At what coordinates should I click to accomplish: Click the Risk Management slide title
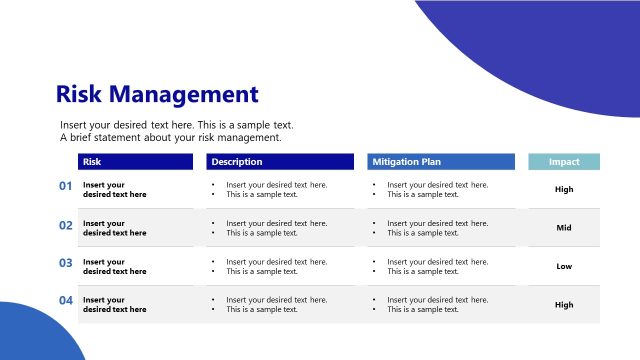(157, 95)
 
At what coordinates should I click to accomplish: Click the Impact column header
(564, 161)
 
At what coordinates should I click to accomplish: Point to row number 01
(66, 186)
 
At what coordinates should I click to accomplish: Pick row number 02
(66, 226)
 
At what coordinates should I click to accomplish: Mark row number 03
(66, 263)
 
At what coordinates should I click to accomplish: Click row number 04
(66, 301)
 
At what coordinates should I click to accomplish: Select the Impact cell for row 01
(564, 189)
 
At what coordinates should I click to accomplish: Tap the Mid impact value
(564, 228)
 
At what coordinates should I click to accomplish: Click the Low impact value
(564, 266)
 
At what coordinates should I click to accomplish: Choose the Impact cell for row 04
(564, 305)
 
